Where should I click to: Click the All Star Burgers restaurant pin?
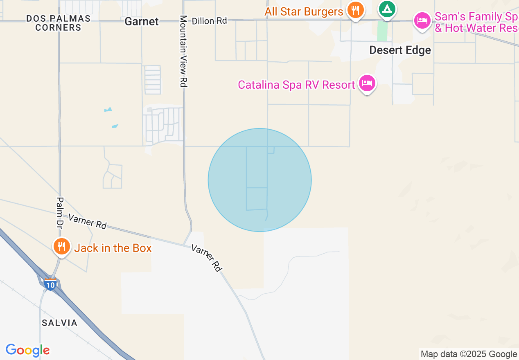355,10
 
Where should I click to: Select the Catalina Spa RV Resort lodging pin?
367,83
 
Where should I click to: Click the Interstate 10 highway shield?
50,285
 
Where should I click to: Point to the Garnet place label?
142,21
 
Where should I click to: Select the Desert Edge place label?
400,50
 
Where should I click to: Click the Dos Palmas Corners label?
58,23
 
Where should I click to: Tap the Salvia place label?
60,323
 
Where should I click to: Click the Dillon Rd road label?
209,20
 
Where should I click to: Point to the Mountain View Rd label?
183,51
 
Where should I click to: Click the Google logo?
27,350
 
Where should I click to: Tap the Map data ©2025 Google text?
469,354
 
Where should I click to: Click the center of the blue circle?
259,180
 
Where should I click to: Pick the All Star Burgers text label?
304,11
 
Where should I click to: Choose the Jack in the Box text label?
113,248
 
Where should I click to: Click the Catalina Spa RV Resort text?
296,85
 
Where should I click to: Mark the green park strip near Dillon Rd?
382,31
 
